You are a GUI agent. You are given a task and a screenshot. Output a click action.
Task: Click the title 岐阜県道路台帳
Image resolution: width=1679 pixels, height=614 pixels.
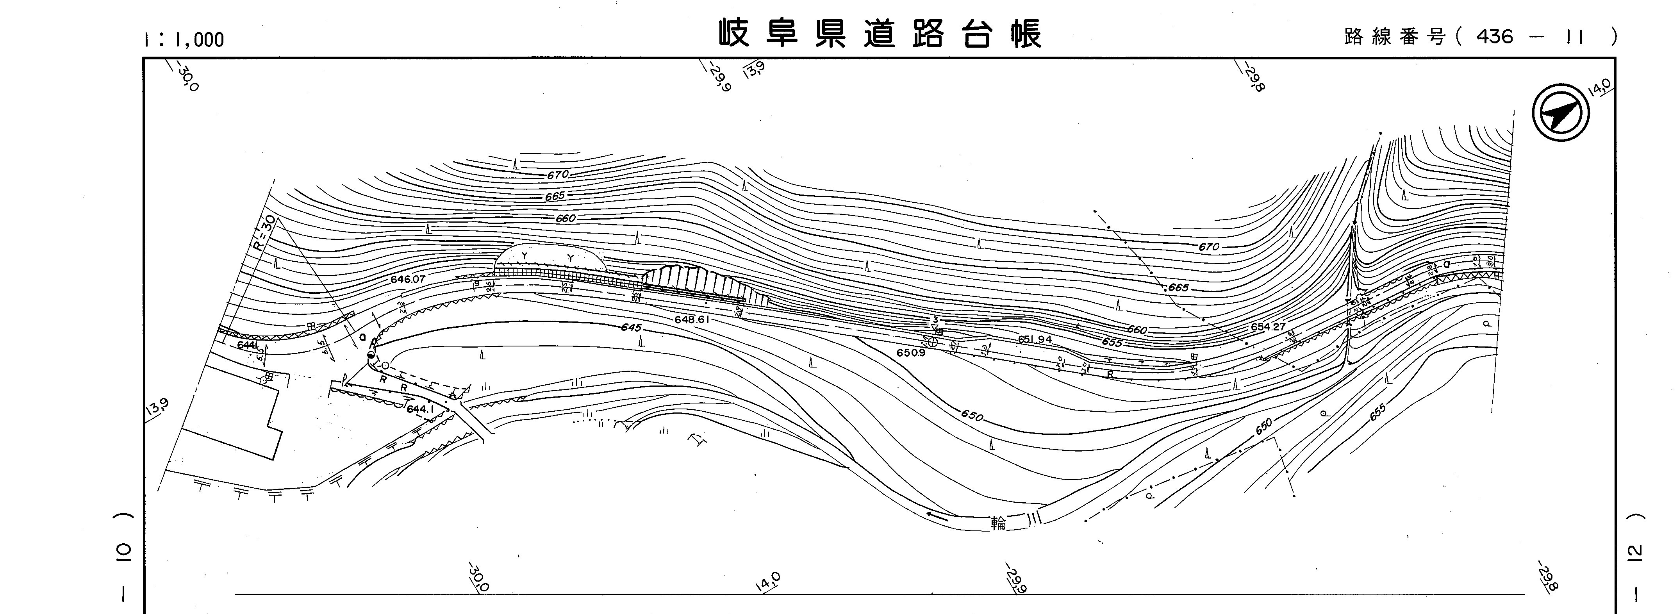(880, 34)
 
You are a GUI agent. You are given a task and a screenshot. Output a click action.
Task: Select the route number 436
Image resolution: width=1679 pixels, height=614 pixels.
(1495, 36)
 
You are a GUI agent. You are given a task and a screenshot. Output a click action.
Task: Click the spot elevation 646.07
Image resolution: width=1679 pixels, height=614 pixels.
(408, 279)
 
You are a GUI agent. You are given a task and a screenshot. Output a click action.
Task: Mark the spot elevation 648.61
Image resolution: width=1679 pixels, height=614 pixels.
(692, 320)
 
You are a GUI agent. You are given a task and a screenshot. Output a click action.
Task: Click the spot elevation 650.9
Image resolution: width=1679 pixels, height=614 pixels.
(910, 353)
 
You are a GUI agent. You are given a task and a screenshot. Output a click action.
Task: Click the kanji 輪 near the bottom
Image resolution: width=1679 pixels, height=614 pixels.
(998, 523)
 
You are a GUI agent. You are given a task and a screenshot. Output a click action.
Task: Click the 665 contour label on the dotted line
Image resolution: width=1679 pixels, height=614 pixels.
(1178, 287)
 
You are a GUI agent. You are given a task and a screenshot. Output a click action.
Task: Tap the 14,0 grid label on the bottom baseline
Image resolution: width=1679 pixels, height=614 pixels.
(768, 582)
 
